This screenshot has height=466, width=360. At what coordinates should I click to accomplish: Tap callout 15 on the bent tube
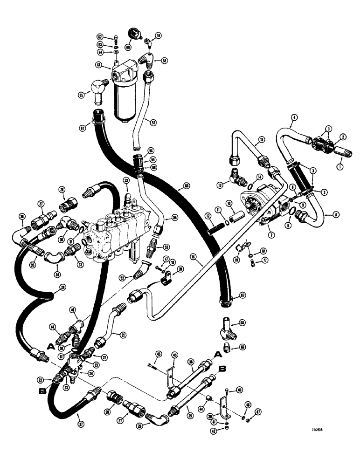[x=262, y=139]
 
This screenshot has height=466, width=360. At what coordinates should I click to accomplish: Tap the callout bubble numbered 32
[x=126, y=180]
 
